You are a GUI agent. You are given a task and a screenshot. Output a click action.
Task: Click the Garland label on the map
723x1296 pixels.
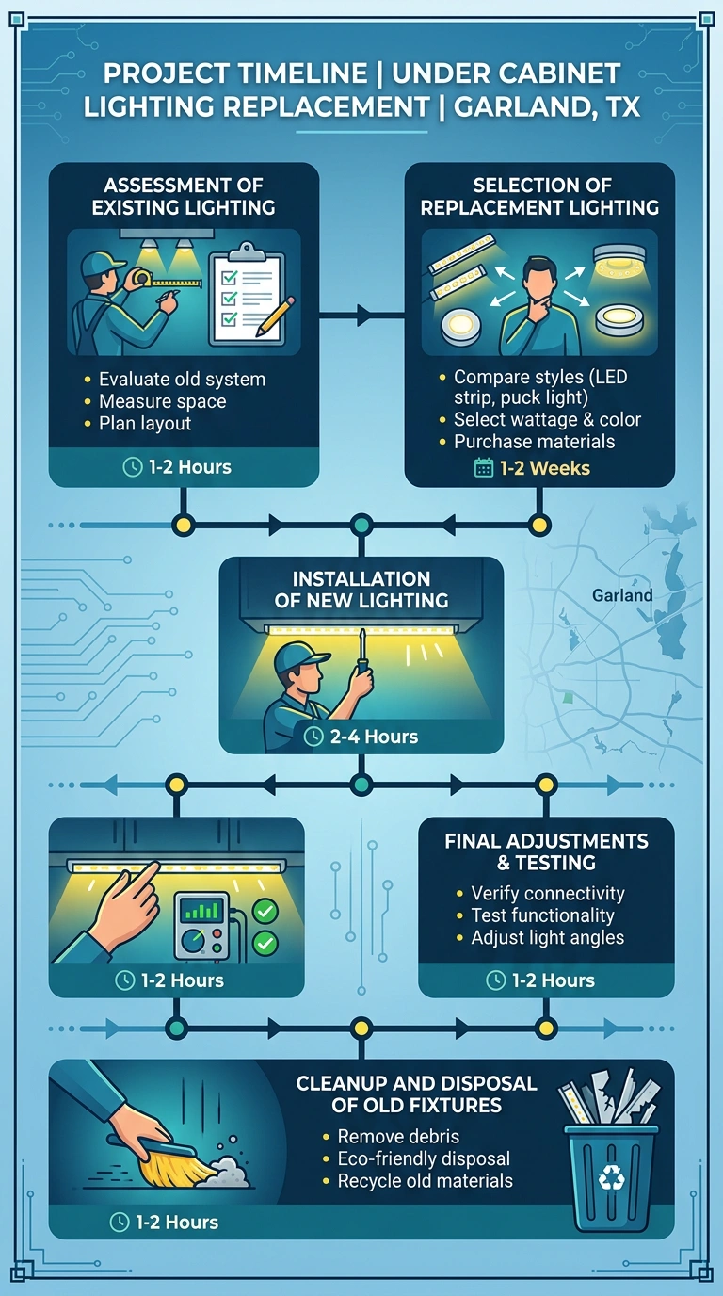point(622,594)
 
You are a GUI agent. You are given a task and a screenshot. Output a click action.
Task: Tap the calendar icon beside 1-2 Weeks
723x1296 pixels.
point(484,467)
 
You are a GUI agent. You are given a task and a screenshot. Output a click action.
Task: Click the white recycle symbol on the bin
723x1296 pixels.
point(611,1176)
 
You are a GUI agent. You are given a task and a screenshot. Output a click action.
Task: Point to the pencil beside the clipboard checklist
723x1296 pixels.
point(275,316)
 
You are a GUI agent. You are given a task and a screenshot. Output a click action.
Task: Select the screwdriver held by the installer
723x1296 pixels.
point(362,651)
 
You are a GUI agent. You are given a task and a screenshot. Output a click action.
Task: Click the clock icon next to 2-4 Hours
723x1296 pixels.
point(313,737)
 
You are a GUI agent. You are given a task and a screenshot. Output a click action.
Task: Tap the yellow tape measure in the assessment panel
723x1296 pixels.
point(168,281)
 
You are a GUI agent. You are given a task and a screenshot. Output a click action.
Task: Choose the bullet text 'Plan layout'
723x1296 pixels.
point(145,424)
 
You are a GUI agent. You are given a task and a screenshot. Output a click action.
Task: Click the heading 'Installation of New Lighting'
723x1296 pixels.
point(361,590)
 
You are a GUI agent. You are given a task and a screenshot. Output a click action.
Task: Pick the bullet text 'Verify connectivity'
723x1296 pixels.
point(547,893)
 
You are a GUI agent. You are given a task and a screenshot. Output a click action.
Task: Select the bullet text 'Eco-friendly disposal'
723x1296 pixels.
point(424,1158)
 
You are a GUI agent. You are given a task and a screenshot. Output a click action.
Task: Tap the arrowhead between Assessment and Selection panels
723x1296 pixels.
point(364,316)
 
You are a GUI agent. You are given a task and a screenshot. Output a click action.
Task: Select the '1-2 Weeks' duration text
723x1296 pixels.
point(545,468)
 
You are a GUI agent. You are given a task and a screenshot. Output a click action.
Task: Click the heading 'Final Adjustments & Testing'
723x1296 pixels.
point(547,851)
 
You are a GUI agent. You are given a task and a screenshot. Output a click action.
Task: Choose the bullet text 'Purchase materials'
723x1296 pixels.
point(534,442)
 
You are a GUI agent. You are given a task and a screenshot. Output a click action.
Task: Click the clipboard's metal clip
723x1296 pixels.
point(247,252)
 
